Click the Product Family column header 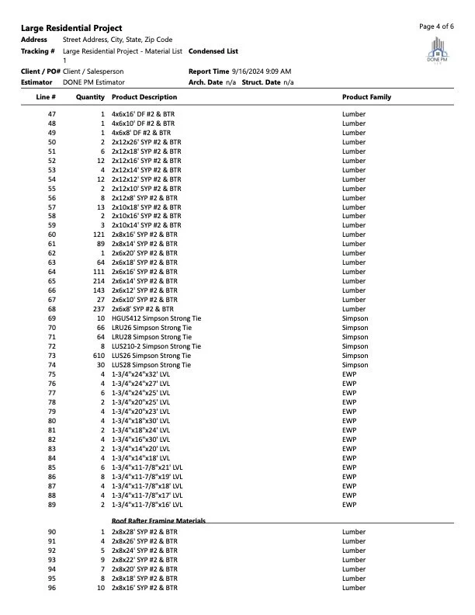tap(366, 97)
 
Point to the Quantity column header tap(90, 97)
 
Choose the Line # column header tap(46, 97)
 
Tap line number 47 tap(51, 115)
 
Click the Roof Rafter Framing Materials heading tap(158, 520)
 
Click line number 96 tap(51, 588)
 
